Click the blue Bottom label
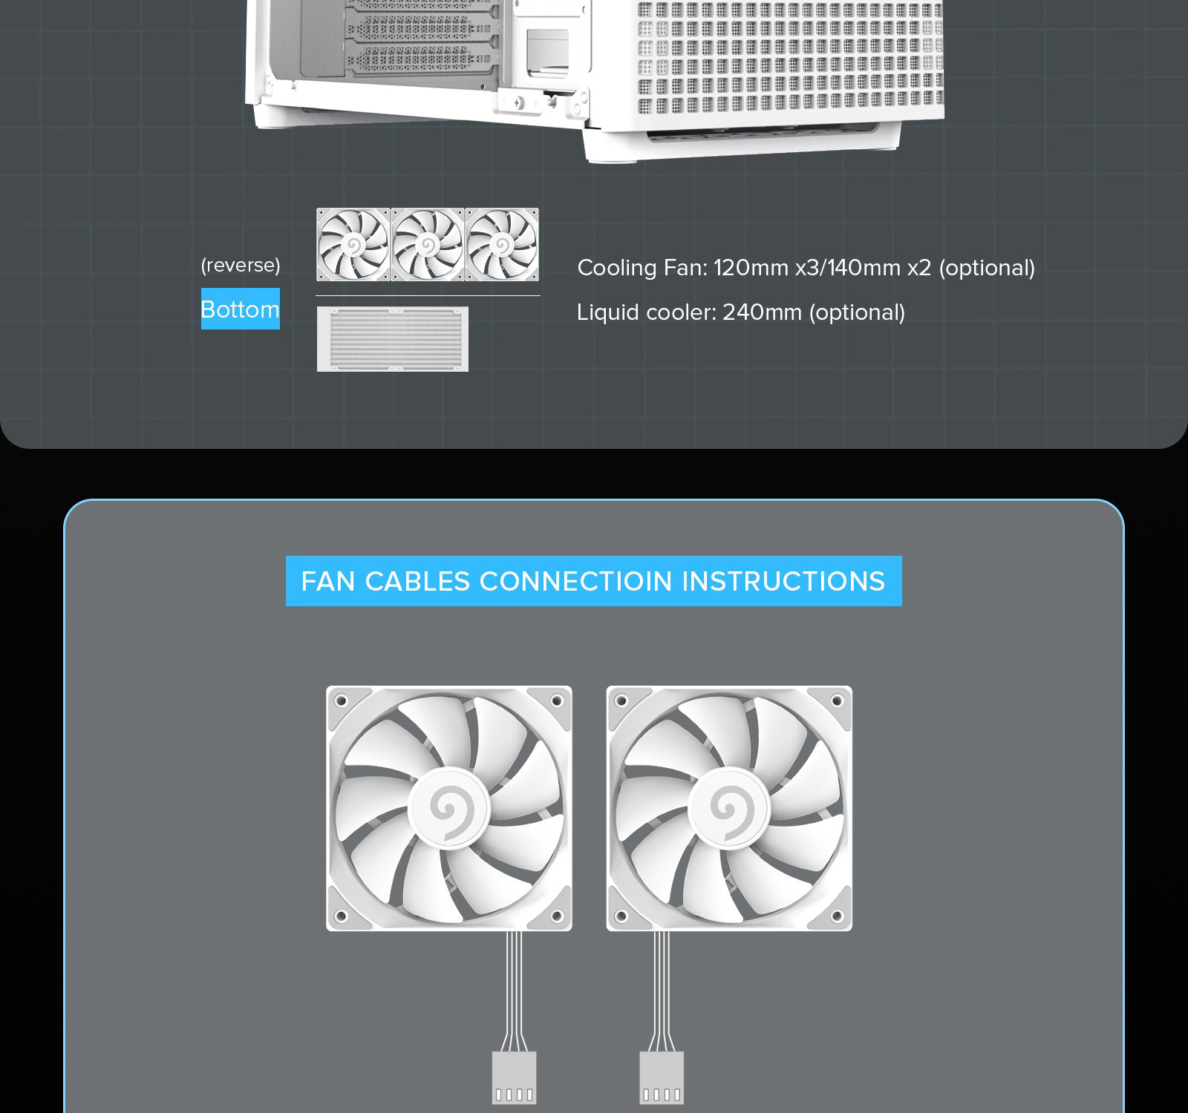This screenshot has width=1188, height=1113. (241, 309)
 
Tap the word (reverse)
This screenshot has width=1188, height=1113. (241, 265)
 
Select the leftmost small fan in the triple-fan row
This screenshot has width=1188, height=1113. (353, 245)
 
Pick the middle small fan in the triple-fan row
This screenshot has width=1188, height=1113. (428, 245)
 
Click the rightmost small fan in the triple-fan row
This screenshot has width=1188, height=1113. (502, 245)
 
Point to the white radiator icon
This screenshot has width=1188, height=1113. (393, 339)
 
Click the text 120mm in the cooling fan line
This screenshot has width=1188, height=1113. (751, 268)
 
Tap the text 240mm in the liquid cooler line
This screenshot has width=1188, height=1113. (763, 312)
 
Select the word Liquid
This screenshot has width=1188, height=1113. (607, 313)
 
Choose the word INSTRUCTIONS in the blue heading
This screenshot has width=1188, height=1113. (783, 581)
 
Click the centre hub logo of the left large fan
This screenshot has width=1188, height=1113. (448, 808)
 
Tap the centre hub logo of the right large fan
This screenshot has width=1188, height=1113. (728, 808)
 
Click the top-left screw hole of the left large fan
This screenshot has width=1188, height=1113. (341, 700)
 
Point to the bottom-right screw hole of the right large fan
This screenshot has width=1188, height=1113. (837, 916)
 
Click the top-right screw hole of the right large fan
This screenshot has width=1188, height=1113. (837, 700)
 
